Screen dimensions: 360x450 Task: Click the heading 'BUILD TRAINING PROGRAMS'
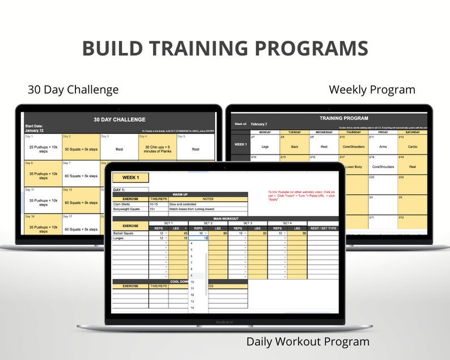(225, 48)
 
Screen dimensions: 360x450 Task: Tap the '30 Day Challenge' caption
(73, 90)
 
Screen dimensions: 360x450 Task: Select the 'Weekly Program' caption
(372, 90)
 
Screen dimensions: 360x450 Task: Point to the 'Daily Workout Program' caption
(308, 341)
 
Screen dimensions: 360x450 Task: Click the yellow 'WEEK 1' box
(130, 177)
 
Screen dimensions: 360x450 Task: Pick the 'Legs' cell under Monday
(265, 146)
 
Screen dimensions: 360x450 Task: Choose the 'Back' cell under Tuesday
(294, 146)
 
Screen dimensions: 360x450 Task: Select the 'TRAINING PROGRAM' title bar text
(343, 118)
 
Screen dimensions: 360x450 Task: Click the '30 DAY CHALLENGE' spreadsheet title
(119, 120)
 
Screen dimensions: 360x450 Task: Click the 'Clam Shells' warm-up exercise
(121, 204)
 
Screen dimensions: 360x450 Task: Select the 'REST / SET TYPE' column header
(325, 228)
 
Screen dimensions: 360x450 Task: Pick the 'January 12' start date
(35, 130)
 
